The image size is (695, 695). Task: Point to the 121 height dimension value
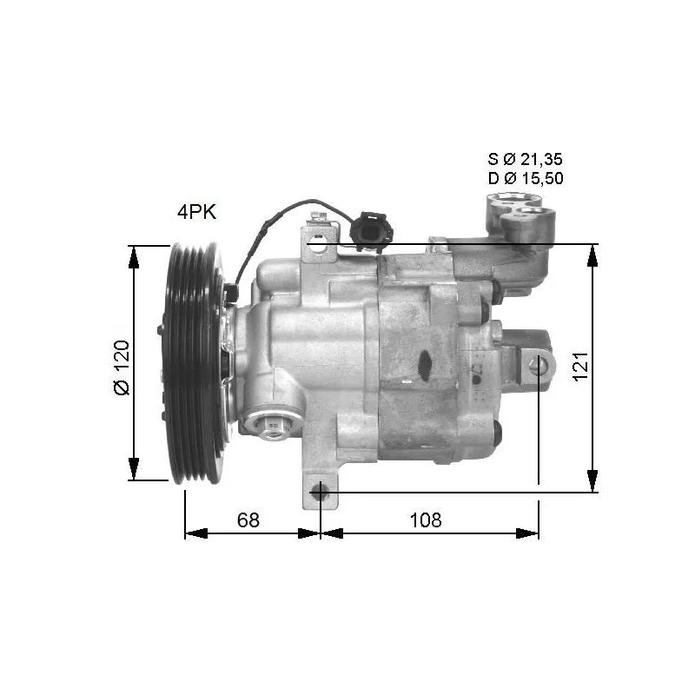pyautogui.click(x=581, y=365)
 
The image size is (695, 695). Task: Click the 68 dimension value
pyautogui.click(x=248, y=520)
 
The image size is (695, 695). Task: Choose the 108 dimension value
pyautogui.click(x=426, y=520)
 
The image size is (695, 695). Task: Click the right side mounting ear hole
pyautogui.click(x=539, y=366)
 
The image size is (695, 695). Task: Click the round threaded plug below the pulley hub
pyautogui.click(x=272, y=426)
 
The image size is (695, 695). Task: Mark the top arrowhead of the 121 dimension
pyautogui.click(x=592, y=255)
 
